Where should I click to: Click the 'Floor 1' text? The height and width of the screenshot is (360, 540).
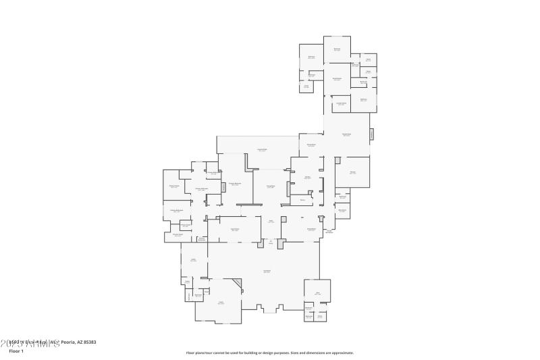[16, 351]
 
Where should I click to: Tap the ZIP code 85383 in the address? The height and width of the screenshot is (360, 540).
[89, 342]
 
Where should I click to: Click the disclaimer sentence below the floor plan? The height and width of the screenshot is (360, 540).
[269, 352]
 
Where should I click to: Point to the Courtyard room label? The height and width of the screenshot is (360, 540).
[267, 271]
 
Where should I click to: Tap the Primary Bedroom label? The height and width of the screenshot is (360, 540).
[234, 184]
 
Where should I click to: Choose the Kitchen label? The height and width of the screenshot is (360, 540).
[307, 178]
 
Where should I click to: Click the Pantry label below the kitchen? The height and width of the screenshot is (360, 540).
[302, 200]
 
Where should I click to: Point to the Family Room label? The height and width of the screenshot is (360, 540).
[346, 134]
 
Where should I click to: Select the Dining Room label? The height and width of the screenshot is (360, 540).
[311, 230]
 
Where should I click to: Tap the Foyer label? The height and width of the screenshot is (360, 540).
[271, 221]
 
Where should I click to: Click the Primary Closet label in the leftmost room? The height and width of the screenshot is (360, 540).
[174, 186]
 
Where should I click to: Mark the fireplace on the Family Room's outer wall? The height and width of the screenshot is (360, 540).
[371, 134]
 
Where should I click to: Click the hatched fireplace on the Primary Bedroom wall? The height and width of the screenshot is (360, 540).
[223, 186]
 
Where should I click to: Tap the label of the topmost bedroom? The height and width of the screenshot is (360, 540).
[336, 49]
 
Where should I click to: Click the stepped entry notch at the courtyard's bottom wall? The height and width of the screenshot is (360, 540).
[270, 309]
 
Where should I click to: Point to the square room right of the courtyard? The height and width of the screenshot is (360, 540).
[317, 292]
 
